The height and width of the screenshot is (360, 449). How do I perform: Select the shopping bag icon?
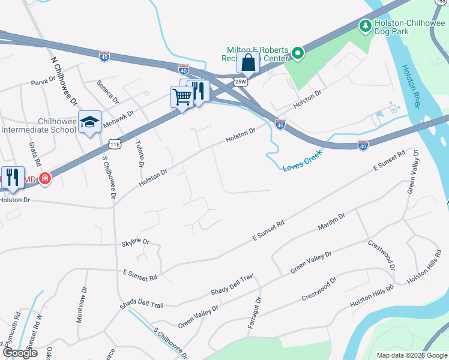(247, 62)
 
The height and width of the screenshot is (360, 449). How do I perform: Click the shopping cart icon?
(182, 97)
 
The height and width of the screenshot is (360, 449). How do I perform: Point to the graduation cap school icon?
(89, 122)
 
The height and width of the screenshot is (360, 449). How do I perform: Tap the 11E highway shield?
(116, 145)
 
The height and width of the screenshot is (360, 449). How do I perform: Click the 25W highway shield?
(241, 81)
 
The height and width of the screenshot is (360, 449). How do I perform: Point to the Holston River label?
(410, 86)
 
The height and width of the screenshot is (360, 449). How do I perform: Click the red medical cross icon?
(44, 179)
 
